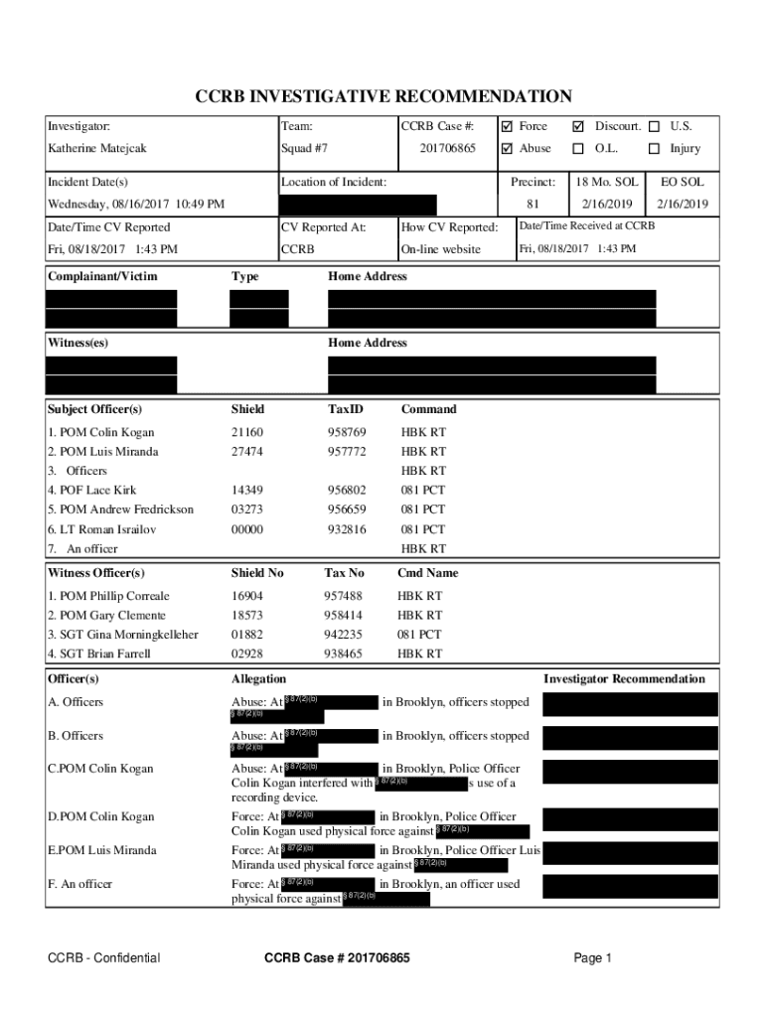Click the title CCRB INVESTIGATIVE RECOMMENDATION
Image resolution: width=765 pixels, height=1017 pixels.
382,96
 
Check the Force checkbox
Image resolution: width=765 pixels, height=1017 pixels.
507,127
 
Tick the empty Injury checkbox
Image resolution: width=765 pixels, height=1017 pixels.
654,149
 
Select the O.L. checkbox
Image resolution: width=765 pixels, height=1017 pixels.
578,149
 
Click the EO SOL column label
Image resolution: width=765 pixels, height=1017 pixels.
682,183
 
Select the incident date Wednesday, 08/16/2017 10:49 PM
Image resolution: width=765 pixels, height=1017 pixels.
136,205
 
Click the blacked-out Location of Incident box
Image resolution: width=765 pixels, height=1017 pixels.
359,205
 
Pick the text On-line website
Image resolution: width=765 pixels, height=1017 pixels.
440,249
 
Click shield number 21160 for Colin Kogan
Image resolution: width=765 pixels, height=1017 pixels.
247,433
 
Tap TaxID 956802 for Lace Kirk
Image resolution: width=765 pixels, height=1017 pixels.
347,491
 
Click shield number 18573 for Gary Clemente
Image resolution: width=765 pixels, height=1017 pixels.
247,616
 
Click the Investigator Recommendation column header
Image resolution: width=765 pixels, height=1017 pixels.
624,679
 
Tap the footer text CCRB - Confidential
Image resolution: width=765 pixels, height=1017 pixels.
104,958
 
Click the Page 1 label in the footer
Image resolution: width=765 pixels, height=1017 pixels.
593,958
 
